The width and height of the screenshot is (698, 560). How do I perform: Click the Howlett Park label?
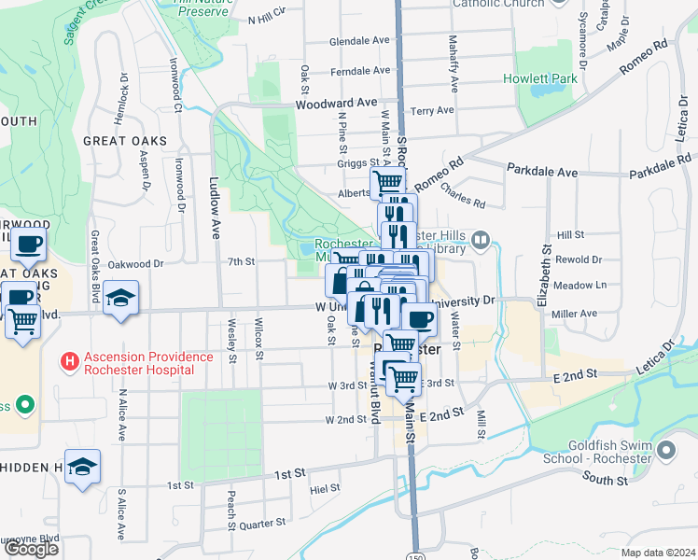540,78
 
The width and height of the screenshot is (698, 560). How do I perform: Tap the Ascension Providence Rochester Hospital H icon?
68,360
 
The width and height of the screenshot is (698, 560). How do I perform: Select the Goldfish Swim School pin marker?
665,451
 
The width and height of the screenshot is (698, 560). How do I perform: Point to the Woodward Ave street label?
336,104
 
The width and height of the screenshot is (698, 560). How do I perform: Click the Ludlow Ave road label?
214,208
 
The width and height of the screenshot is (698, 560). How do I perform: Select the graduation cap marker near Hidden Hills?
82,467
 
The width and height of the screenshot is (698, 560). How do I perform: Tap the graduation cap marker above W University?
120,299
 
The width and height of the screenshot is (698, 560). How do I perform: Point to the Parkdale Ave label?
542,171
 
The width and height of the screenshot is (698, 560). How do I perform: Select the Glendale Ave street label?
359,41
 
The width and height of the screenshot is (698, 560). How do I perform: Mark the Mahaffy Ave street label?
454,63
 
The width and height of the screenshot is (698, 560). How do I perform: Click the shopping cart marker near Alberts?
388,181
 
